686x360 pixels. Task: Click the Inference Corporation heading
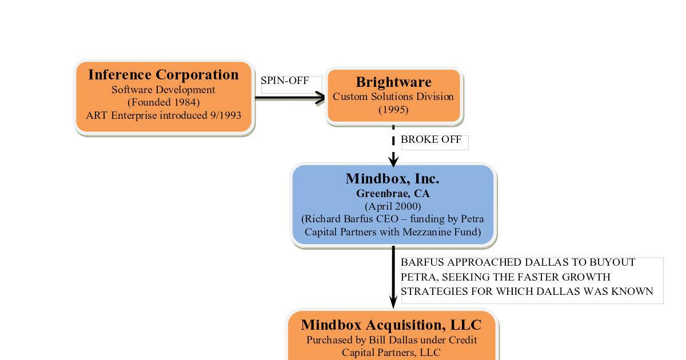(163, 75)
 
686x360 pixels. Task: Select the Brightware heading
(393, 82)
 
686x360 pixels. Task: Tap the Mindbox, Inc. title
(392, 179)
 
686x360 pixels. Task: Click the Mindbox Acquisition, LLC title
(392, 325)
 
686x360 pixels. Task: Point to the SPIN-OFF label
(285, 81)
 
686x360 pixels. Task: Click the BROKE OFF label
(431, 139)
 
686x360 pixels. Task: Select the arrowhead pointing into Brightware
(320, 98)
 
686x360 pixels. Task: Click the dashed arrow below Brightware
(393, 146)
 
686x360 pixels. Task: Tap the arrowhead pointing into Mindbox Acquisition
(393, 303)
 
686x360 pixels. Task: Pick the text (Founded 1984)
(163, 102)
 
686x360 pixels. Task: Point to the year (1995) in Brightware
(393, 110)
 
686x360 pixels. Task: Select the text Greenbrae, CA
(393, 194)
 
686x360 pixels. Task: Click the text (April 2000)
(393, 206)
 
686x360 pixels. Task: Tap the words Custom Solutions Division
(393, 97)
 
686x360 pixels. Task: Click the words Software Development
(163, 90)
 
